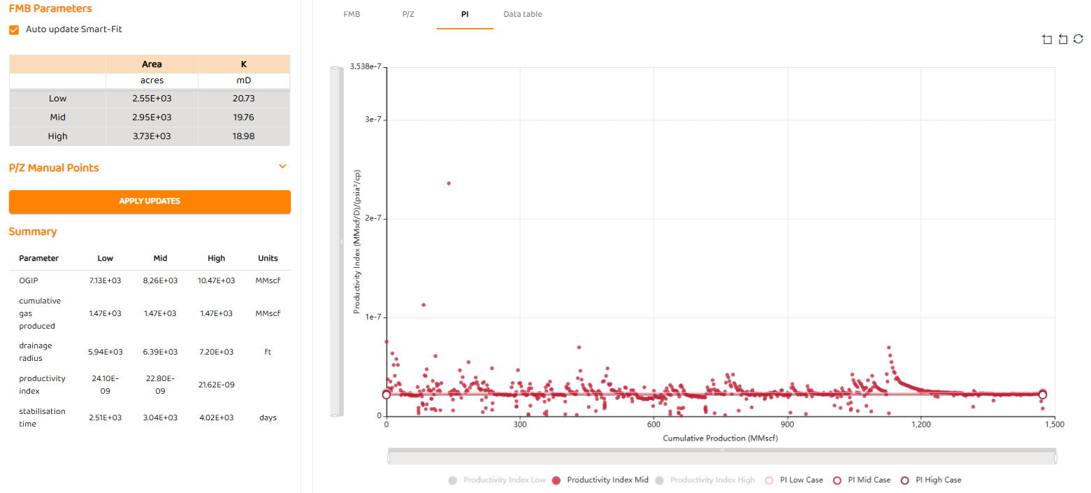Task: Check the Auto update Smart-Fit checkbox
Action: [14, 30]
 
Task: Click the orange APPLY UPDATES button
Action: [150, 201]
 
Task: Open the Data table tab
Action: [522, 14]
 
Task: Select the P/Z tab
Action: [409, 14]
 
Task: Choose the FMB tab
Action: [352, 14]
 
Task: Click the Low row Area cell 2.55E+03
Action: [152, 99]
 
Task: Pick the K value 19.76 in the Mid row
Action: [243, 117]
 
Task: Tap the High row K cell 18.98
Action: [243, 136]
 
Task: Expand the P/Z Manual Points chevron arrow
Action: [282, 166]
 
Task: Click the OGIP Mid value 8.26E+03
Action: [160, 280]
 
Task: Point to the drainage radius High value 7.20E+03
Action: [216, 352]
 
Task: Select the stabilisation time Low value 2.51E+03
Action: [105, 417]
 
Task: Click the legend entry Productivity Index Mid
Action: [600, 480]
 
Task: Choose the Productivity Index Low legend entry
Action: [497, 480]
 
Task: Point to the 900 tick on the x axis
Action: [787, 424]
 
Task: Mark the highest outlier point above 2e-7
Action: [449, 183]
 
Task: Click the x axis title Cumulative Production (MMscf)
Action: [720, 438]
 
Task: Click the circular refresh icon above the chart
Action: [1078, 39]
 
